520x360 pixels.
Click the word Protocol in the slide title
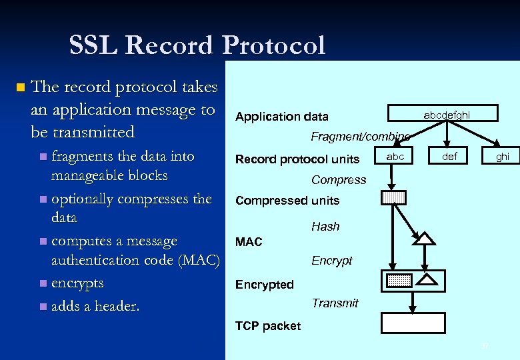274,45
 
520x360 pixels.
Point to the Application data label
281,117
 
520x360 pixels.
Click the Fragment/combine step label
360,137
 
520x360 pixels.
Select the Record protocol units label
297,159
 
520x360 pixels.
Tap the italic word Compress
339,180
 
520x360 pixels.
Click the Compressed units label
287,201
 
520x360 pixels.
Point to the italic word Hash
325,227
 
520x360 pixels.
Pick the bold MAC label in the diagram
249,242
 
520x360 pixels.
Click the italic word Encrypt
331,261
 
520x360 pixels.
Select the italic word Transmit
335,303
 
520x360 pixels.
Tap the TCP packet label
268,326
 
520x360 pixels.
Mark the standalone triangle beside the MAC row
425,238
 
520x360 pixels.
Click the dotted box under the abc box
394,197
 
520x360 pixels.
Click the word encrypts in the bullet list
77,283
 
